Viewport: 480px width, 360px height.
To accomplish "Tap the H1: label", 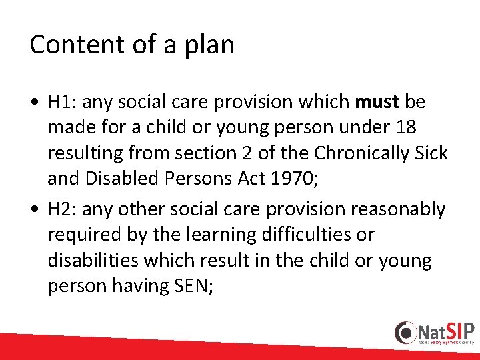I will pos(63,102).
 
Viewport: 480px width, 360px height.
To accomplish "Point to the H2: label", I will pos(63,209).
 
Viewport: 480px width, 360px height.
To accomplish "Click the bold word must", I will pos(377,102).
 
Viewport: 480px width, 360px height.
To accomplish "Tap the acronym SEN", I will pos(191,285).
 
